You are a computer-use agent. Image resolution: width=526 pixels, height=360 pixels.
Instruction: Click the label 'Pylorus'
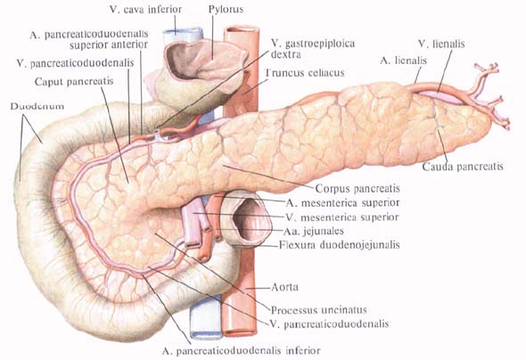pos(226,9)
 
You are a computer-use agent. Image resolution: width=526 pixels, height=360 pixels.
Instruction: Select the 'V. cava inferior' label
pos(145,10)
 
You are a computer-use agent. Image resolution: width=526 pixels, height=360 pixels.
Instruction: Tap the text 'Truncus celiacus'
pos(305,73)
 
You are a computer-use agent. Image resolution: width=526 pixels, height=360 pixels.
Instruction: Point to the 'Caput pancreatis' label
pos(74,81)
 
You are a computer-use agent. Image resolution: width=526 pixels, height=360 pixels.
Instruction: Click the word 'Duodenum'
pos(37,106)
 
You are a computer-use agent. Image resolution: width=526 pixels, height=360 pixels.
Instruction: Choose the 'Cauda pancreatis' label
pos(463,167)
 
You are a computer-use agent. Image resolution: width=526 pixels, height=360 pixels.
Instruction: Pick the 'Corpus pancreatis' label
pos(358,188)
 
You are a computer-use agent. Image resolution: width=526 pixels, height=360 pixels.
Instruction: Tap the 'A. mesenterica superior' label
pos(342,203)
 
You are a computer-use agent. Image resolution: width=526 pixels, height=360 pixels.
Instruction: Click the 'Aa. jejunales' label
pos(313,231)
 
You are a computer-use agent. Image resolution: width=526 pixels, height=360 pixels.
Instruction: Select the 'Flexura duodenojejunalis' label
pos(339,245)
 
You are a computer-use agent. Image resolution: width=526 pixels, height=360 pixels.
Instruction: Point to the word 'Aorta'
pos(284,287)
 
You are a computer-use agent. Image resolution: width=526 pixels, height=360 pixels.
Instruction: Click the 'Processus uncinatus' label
pos(318,310)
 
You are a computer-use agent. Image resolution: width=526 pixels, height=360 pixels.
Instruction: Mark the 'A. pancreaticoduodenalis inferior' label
pos(242,350)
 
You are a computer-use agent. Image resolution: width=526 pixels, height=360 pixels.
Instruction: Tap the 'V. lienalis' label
pos(441,44)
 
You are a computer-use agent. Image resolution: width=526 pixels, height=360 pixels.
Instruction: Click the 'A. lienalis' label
pos(403,61)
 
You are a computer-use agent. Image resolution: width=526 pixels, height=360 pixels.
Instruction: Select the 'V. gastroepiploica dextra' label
pos(313,48)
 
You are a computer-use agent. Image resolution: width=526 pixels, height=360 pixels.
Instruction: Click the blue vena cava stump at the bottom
pos(206,316)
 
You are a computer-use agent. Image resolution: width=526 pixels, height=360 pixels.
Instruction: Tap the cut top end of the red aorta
pos(242,30)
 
